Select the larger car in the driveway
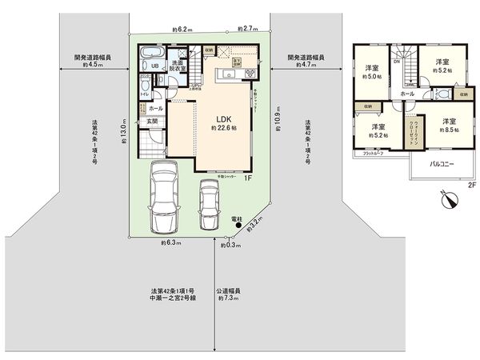click(x=164, y=194)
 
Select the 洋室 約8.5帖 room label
click(x=450, y=125)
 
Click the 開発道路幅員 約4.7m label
click(x=306, y=62)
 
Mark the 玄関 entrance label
click(x=151, y=122)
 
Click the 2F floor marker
click(x=472, y=185)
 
